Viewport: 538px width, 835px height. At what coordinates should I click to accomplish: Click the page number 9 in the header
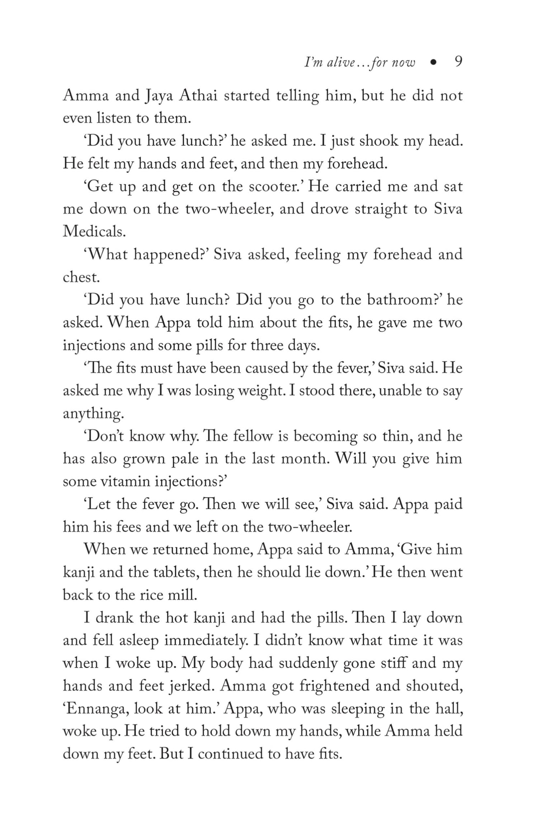tap(458, 62)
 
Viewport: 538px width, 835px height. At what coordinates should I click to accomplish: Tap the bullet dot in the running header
tap(434, 63)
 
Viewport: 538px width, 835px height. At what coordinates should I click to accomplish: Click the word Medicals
tap(94, 232)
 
